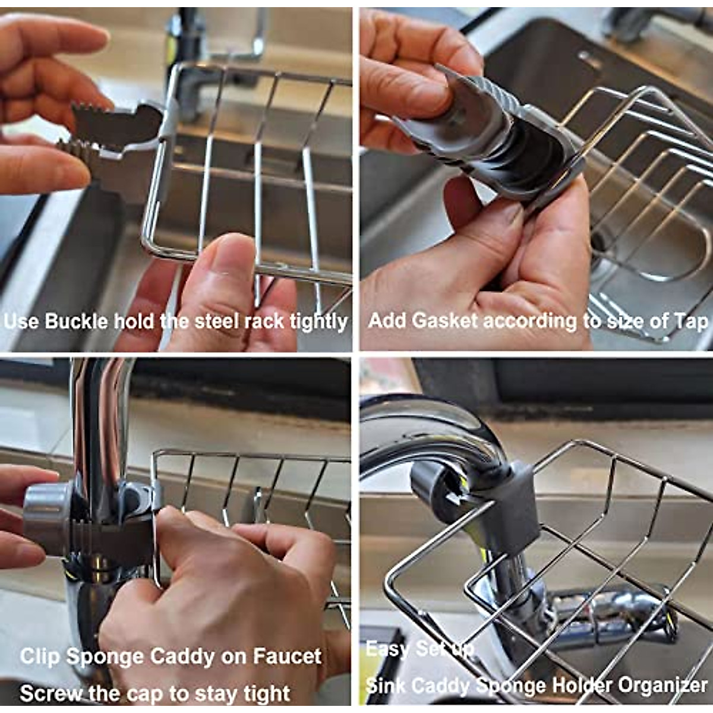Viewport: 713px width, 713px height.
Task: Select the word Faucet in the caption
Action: (x=288, y=657)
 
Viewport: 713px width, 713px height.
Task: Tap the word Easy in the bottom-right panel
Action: (x=386, y=648)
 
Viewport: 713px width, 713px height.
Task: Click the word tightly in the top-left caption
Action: (x=318, y=321)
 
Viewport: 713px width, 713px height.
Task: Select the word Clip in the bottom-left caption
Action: (x=40, y=657)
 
